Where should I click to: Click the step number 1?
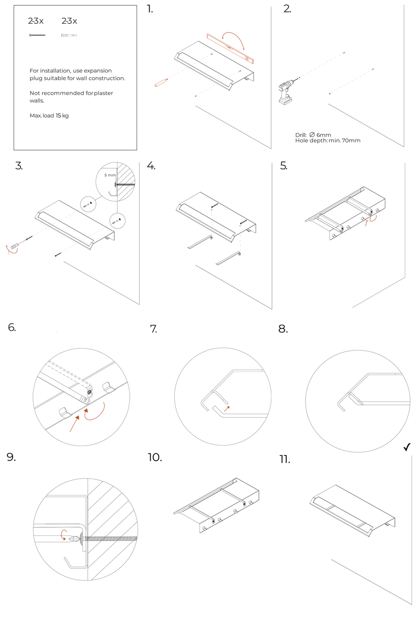(150, 9)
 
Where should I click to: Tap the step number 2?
(287, 9)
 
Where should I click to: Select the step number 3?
(19, 166)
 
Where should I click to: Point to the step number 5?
(283, 166)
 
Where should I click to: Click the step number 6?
(12, 328)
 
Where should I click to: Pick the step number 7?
(154, 329)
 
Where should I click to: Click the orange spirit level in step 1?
(230, 47)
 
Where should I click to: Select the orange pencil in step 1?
(161, 82)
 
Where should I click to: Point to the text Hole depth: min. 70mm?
(328, 141)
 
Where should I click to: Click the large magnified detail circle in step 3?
(115, 182)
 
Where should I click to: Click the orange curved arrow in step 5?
(372, 220)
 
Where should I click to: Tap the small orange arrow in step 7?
(227, 408)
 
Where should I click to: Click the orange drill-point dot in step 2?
(330, 94)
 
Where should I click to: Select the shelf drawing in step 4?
(215, 215)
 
